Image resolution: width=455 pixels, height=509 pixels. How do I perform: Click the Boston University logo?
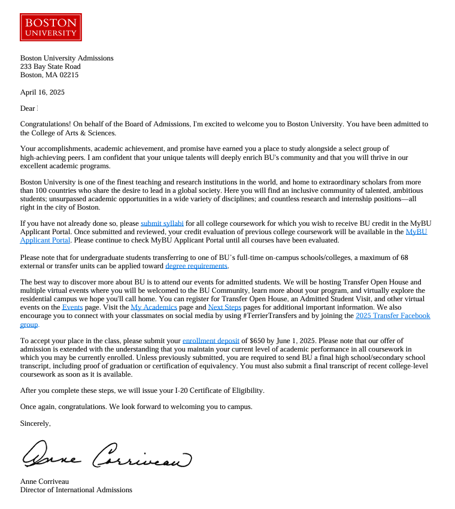51,27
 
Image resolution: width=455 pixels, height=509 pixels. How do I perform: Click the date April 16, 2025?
43,92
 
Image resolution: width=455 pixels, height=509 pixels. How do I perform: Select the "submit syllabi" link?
162,223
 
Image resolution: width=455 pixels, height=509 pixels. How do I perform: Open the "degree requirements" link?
197,266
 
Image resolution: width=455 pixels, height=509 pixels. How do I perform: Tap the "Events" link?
72,307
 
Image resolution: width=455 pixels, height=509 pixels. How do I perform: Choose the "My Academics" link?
154,307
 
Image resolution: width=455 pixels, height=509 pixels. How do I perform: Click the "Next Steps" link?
225,307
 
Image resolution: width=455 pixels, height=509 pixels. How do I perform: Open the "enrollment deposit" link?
211,341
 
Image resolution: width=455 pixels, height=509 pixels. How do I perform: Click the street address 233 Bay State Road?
50,66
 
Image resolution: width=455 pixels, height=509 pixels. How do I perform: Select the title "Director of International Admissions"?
76,490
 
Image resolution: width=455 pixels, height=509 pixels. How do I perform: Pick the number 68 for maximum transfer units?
404,257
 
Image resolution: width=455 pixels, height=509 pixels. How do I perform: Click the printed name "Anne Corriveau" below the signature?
44,481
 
